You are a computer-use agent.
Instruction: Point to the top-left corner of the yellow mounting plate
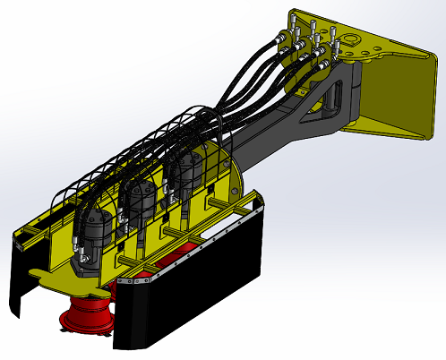tap(296, 14)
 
